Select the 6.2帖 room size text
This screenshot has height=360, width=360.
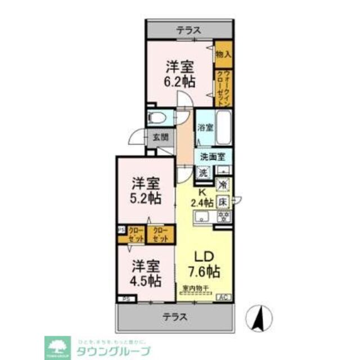pyautogui.click(x=180, y=81)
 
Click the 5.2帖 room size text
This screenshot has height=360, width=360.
pyautogui.click(x=146, y=198)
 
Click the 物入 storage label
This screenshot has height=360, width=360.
pyautogui.click(x=223, y=55)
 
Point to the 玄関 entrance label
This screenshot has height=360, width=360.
pyautogui.click(x=160, y=137)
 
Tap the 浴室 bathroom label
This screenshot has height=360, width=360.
pyautogui.click(x=205, y=127)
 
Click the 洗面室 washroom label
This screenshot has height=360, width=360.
pyautogui.click(x=214, y=157)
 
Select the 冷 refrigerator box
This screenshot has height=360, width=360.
pyautogui.click(x=223, y=183)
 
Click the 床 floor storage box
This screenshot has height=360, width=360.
pyautogui.click(x=223, y=201)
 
